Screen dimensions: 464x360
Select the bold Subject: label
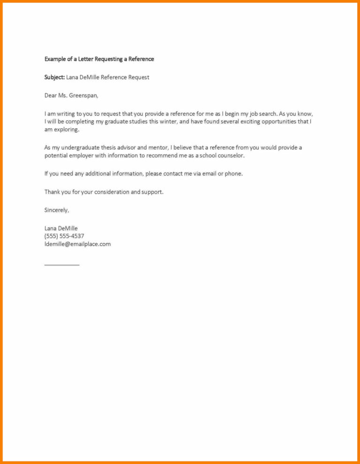tap(54, 77)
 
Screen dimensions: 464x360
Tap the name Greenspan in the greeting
tap(83, 96)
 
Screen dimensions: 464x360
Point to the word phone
tap(233, 174)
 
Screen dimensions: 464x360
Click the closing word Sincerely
tap(57, 210)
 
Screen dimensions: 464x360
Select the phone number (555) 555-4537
tap(64, 236)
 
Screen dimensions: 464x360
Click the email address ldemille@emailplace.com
tap(77, 244)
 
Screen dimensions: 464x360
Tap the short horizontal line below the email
tap(62, 265)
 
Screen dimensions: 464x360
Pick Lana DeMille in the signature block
tap(61, 229)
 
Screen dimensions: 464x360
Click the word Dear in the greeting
tap(51, 96)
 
